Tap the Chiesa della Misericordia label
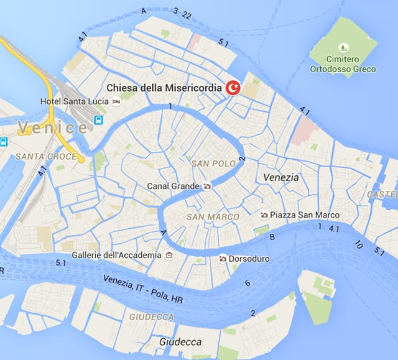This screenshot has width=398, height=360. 164,88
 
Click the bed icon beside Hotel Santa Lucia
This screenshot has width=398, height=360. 116,101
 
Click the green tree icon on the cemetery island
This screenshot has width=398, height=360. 344,47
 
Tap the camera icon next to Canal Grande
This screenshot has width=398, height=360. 206,186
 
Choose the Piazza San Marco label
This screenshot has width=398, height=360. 304,215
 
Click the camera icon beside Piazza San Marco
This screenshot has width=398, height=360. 264,215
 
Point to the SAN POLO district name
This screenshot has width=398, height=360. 214,164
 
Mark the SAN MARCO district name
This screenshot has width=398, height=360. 213,217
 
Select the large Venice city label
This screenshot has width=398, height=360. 53,128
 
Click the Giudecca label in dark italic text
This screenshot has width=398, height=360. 180,342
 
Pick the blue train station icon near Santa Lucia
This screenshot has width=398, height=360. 98,119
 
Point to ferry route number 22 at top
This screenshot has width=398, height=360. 187,14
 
